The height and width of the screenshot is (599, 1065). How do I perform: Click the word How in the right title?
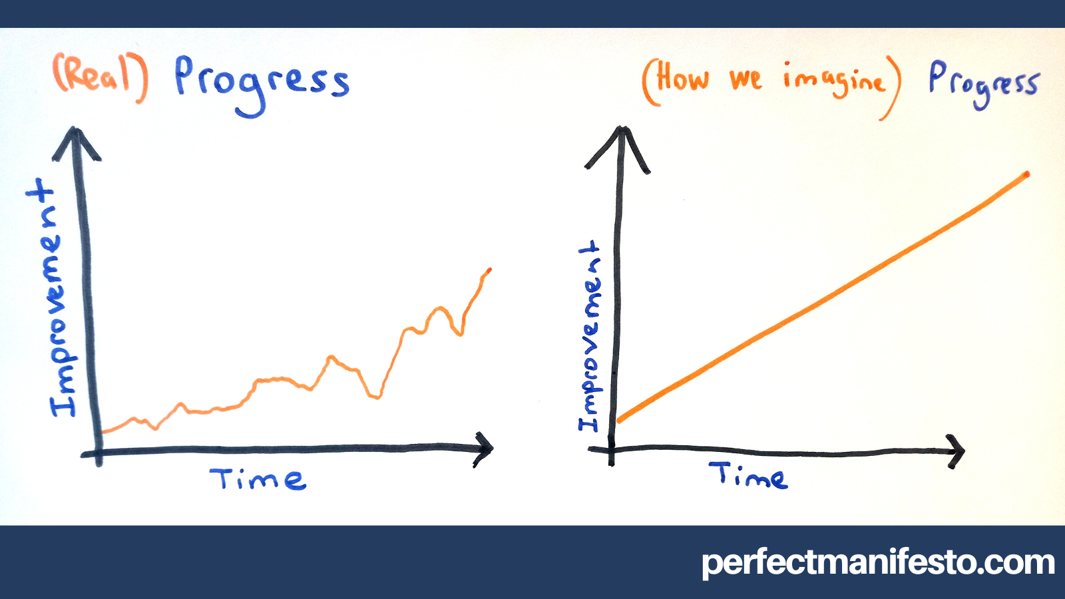tap(683, 78)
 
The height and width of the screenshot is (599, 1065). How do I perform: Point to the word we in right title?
tap(746, 79)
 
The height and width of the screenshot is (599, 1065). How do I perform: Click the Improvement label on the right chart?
tap(590, 337)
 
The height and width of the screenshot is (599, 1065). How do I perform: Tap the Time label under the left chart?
tap(258, 479)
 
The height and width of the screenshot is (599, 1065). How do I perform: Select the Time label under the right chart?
tap(748, 475)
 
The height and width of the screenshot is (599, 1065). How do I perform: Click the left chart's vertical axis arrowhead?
tap(75, 142)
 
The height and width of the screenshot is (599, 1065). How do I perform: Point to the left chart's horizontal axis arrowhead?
tap(483, 449)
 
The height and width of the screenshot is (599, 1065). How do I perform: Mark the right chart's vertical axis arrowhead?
tap(618, 147)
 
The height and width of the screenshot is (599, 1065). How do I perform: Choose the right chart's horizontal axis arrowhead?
tap(955, 451)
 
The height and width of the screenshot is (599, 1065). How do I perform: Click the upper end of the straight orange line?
tap(1028, 174)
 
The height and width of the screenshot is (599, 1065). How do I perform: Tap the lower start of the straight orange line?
tap(619, 420)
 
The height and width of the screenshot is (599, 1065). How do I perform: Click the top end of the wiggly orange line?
tap(490, 270)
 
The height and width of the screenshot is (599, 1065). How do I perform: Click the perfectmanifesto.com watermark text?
tap(878, 563)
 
